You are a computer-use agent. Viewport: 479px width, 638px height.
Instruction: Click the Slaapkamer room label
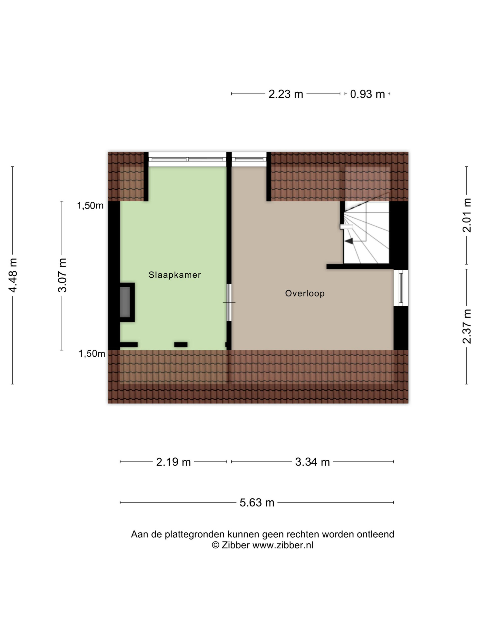[175, 275]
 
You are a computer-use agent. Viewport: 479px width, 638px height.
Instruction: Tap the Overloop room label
[305, 294]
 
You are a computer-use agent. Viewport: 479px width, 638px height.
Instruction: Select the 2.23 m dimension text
[286, 94]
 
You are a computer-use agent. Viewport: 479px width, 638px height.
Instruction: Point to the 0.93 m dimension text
[367, 94]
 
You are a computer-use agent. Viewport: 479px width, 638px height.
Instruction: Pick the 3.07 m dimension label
[62, 275]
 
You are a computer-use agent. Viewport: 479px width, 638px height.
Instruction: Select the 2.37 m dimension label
[467, 326]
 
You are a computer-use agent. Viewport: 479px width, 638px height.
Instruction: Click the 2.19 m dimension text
[174, 462]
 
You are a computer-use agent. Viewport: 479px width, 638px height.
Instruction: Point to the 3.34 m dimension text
[312, 462]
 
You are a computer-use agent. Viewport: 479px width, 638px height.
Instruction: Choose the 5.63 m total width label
[257, 503]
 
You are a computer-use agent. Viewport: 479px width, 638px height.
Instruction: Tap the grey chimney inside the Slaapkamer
[125, 302]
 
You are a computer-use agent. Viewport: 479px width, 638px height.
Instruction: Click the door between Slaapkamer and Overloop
[229, 302]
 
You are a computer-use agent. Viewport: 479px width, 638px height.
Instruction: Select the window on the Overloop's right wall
[401, 288]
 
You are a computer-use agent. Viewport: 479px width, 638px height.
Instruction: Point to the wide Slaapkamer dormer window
[187, 159]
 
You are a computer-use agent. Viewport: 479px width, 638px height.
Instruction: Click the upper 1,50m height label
[90, 206]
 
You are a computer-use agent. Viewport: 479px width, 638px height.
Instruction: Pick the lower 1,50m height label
[92, 354]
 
